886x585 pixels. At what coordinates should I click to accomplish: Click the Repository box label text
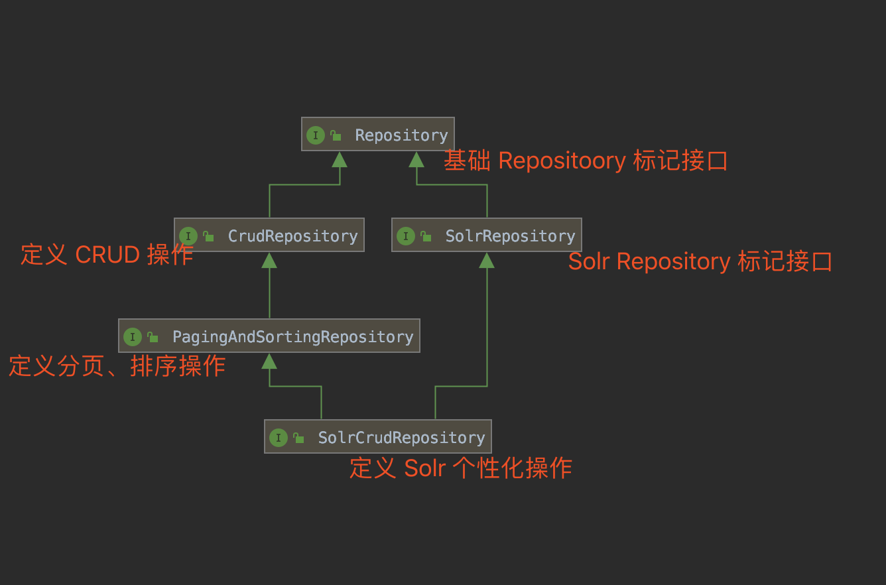click(x=401, y=136)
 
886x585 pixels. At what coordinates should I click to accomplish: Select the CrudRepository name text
click(x=292, y=237)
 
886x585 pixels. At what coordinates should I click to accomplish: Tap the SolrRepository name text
click(x=510, y=237)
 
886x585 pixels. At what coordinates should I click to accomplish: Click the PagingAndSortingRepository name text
click(x=293, y=338)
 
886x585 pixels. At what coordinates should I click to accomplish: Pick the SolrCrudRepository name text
click(x=401, y=438)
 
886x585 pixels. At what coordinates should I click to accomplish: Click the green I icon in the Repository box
click(x=316, y=135)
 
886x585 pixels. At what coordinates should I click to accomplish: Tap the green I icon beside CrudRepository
click(x=188, y=236)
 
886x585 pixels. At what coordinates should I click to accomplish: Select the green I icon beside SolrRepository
click(x=406, y=236)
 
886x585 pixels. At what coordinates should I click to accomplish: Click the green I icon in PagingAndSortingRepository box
click(x=133, y=337)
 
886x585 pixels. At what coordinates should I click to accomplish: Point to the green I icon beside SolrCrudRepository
click(x=279, y=438)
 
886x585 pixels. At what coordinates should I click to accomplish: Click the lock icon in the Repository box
click(x=336, y=135)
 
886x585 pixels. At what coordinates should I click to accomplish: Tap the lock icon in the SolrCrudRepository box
click(x=298, y=438)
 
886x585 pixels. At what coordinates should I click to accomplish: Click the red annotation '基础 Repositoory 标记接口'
click(x=586, y=161)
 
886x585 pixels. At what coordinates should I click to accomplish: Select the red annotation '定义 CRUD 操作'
click(x=107, y=254)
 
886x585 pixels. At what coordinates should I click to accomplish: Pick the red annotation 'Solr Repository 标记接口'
click(x=700, y=261)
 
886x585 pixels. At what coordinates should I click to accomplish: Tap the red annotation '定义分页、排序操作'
click(x=117, y=365)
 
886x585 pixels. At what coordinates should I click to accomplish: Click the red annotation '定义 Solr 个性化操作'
click(x=461, y=468)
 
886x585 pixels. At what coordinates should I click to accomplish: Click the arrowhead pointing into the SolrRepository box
click(x=487, y=260)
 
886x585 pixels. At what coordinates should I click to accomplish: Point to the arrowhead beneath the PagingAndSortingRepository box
click(x=269, y=361)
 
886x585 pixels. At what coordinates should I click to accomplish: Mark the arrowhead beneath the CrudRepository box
click(x=269, y=260)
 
